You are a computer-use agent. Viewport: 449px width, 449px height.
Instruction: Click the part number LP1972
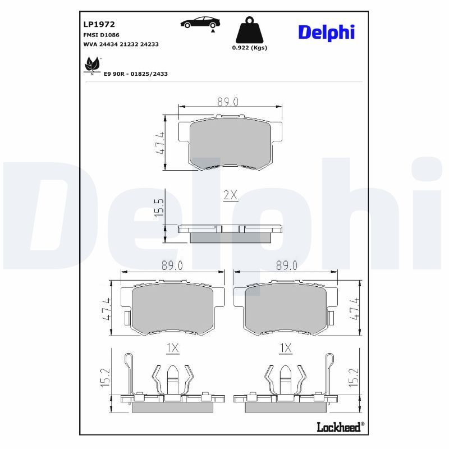(x=99, y=24)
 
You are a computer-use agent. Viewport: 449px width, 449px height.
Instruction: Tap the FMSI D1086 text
(x=101, y=35)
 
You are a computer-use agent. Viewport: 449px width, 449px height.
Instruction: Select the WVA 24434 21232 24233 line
(x=121, y=44)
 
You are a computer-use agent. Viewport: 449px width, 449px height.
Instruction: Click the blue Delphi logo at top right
(x=327, y=33)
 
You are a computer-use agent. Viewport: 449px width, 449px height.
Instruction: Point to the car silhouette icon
(x=200, y=23)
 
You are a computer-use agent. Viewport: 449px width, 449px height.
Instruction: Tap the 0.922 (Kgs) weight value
(x=249, y=48)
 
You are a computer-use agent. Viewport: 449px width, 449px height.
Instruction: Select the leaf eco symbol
(x=92, y=65)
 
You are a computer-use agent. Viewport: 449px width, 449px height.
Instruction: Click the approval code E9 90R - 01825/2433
(x=135, y=74)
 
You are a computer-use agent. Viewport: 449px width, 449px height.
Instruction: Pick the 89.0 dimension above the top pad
(x=228, y=102)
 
